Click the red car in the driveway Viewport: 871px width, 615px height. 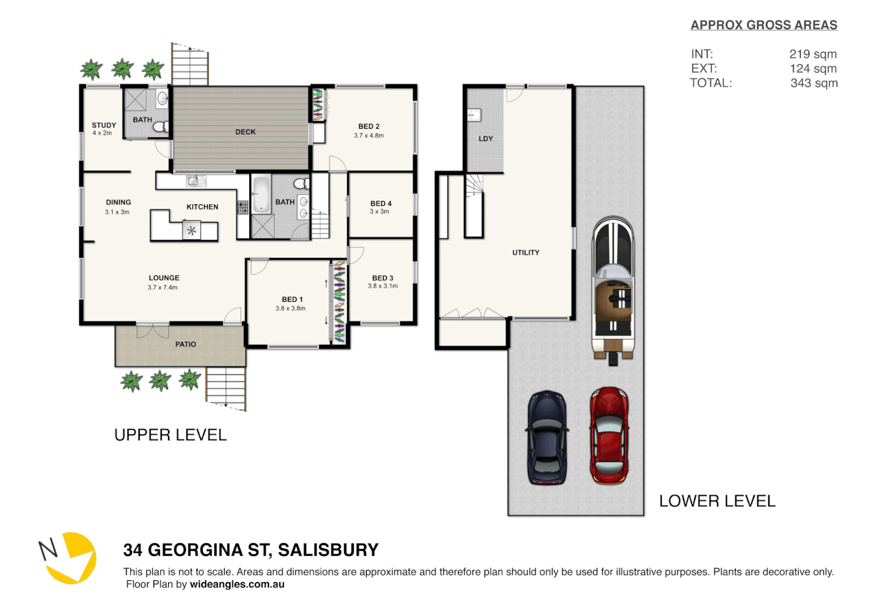pos(609,436)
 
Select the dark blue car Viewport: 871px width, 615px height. pos(547,437)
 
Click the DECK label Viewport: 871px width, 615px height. pos(245,132)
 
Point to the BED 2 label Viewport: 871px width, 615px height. pos(369,126)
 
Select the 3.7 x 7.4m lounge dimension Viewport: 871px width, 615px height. pos(162,288)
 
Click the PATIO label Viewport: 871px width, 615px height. pos(185,345)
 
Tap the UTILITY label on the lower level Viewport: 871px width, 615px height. pos(526,253)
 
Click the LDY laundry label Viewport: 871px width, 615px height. pos(486,139)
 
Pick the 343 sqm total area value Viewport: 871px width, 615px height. pos(813,83)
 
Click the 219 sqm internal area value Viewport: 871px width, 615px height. pos(813,54)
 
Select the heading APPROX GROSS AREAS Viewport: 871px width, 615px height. pos(764,25)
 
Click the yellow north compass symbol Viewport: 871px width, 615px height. pos(71,557)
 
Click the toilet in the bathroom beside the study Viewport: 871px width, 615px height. pos(160,126)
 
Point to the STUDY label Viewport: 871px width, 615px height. pos(104,125)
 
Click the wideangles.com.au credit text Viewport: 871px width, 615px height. pos(237,584)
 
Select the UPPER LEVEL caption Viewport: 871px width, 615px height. pos(170,435)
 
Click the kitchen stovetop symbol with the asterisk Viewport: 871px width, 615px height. pos(192,231)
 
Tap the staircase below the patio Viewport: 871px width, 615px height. pos(226,387)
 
